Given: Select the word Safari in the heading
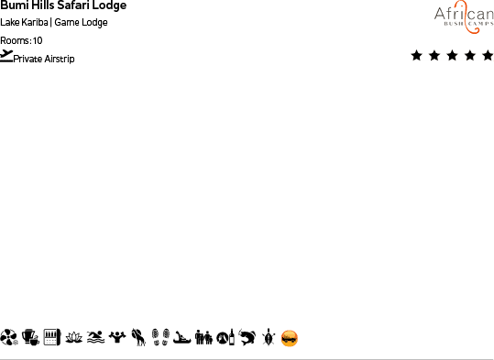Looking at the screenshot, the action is coord(75,5).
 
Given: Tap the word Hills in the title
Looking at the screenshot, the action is coord(44,5).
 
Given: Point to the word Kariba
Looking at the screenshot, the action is coord(36,23).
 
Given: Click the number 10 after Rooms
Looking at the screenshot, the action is coord(38,40).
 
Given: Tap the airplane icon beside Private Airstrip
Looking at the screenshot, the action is coord(7,56).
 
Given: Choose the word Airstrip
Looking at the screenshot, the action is coord(60,60).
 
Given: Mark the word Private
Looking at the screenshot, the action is coord(28,60).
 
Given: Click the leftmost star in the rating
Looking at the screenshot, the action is coord(417,56).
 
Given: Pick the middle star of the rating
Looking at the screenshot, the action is coord(452,56).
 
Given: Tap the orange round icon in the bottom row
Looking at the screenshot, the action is coord(290,338).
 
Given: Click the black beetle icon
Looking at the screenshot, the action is coord(268,338).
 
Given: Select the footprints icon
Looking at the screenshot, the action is coord(159,338).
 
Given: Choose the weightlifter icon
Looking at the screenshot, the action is coord(116,338).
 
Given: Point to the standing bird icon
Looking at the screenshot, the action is coord(137,338).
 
